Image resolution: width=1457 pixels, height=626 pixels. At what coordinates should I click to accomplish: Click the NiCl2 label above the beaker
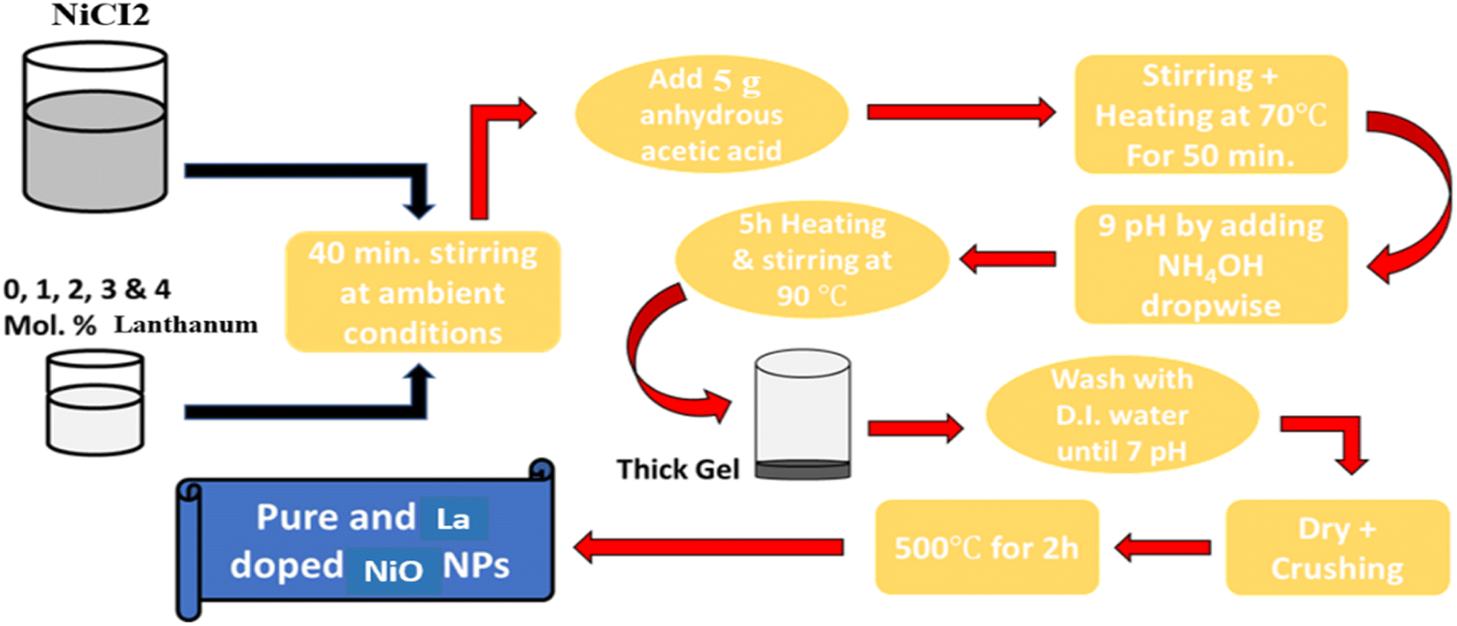pyautogui.click(x=100, y=14)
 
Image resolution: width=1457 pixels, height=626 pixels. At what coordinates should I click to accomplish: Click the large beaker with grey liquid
pyautogui.click(x=95, y=127)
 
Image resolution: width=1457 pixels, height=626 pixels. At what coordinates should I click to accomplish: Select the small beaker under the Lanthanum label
pyautogui.click(x=95, y=403)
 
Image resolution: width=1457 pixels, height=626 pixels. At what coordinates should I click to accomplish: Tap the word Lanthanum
pyautogui.click(x=186, y=324)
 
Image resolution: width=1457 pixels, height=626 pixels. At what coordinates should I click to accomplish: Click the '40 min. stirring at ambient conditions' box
pyautogui.click(x=423, y=292)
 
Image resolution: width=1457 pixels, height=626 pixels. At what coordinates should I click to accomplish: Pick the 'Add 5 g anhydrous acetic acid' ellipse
pyautogui.click(x=712, y=115)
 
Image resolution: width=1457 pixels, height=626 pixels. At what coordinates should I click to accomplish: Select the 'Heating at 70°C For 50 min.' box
pyautogui.click(x=1210, y=115)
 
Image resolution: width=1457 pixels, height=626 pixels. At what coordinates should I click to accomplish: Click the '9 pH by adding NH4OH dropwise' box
pyautogui.click(x=1210, y=265)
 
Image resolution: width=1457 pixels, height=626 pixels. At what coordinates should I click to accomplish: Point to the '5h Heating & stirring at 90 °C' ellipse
pyautogui.click(x=812, y=259)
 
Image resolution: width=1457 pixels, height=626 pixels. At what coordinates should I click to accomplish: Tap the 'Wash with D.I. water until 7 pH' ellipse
pyautogui.click(x=1122, y=414)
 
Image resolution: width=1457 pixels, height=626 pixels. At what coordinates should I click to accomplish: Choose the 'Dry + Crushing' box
pyautogui.click(x=1337, y=548)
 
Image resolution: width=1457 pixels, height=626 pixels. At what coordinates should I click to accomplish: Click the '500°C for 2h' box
pyautogui.click(x=987, y=548)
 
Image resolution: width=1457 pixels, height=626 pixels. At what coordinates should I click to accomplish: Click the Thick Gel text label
pyautogui.click(x=677, y=469)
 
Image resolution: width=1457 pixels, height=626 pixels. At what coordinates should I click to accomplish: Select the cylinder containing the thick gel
pyautogui.click(x=802, y=415)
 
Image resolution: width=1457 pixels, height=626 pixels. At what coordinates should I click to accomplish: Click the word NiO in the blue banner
pyautogui.click(x=394, y=570)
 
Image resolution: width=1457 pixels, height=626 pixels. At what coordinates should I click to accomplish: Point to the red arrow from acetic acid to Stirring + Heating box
pyautogui.click(x=961, y=112)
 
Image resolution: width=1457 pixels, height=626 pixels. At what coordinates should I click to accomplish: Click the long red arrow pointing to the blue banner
pyautogui.click(x=709, y=548)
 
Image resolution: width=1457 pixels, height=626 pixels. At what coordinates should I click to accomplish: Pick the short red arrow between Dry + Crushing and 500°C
pyautogui.click(x=1163, y=548)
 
